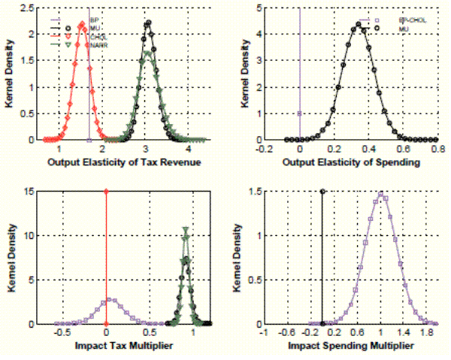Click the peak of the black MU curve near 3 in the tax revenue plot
148,23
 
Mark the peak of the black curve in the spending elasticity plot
359,24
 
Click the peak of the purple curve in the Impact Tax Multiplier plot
110,299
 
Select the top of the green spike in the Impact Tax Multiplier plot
186,228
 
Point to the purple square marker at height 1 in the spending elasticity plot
300,113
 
